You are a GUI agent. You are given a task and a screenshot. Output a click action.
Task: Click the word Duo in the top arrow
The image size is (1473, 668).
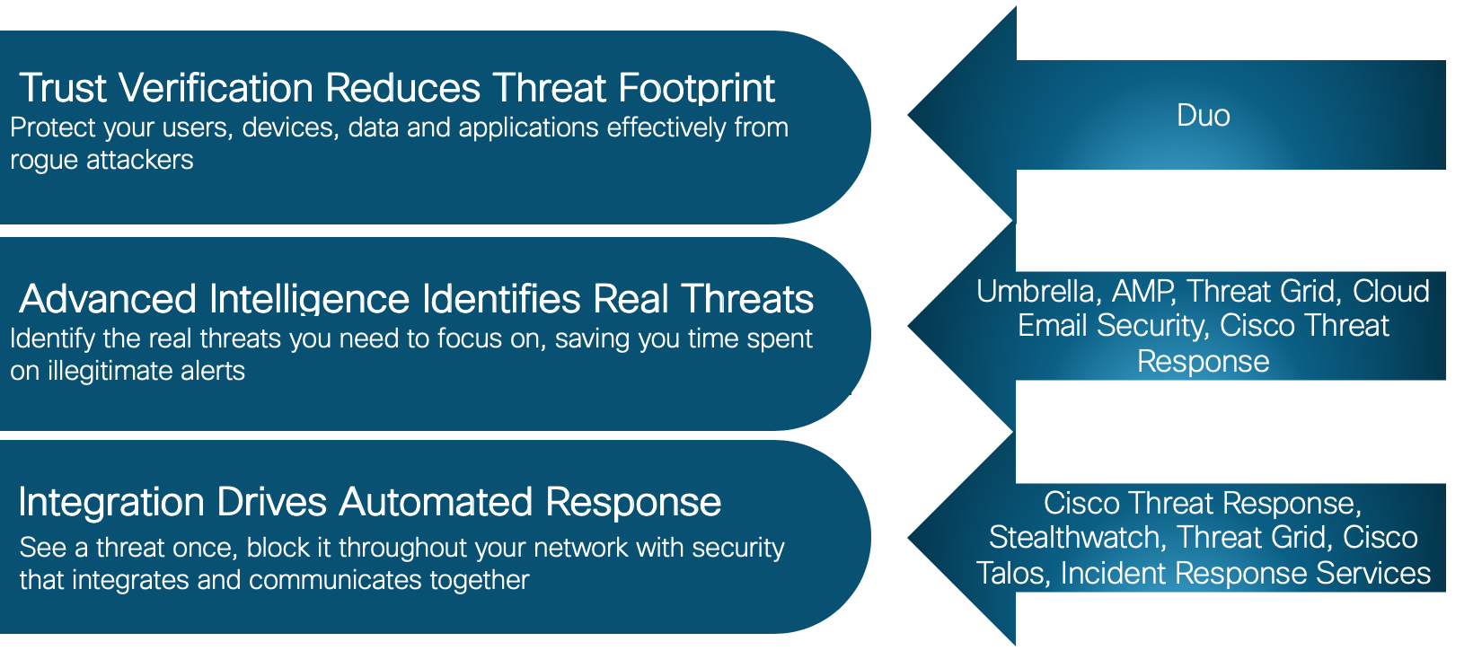(x=1203, y=116)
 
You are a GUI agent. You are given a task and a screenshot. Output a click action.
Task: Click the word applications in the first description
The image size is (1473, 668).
(x=528, y=128)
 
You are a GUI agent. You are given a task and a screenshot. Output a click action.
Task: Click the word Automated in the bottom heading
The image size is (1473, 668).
(x=436, y=502)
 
